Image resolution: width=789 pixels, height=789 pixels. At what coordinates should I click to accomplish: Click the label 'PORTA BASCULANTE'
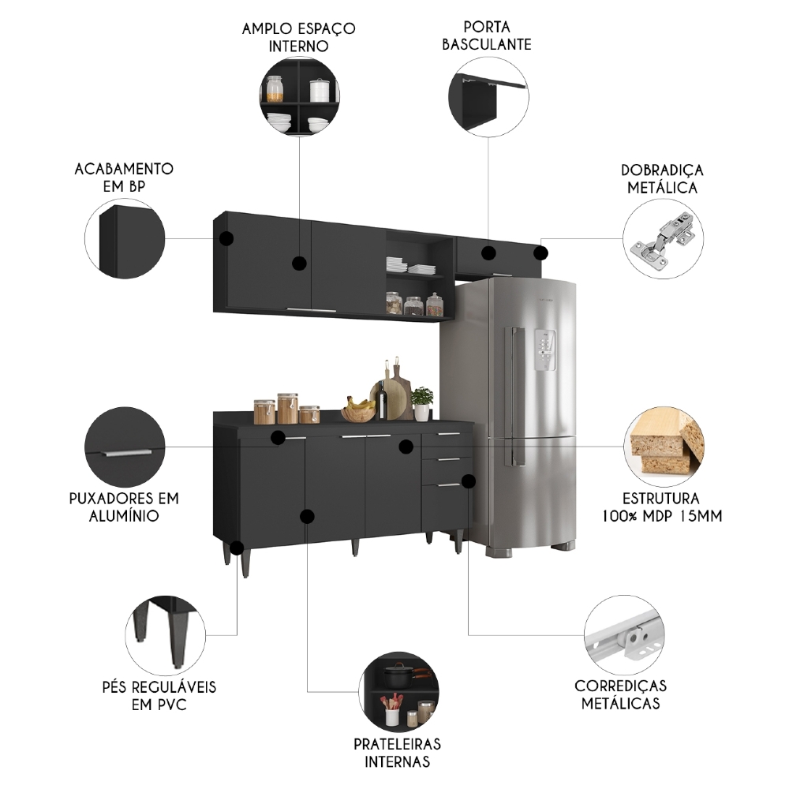coord(486,36)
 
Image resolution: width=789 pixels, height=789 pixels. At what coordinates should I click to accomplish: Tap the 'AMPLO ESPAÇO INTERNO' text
coord(299,37)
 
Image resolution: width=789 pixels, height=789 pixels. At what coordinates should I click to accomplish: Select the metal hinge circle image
coord(664,239)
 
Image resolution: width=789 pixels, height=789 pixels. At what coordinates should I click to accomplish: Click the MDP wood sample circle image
coord(664,447)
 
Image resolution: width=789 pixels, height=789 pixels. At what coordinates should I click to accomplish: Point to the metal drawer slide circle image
coord(625,634)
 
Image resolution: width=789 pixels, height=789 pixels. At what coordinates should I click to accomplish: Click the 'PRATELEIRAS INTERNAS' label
coord(398,753)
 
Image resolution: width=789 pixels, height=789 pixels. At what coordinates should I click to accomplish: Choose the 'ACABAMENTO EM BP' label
coord(124,178)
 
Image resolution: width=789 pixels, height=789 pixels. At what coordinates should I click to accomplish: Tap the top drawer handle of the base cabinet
coord(448,433)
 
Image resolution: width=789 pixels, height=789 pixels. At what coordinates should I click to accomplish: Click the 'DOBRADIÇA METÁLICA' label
coord(662,179)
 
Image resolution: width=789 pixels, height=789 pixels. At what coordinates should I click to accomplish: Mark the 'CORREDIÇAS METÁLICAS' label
coord(620,694)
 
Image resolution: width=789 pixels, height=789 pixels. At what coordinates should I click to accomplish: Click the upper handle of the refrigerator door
coord(516,371)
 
